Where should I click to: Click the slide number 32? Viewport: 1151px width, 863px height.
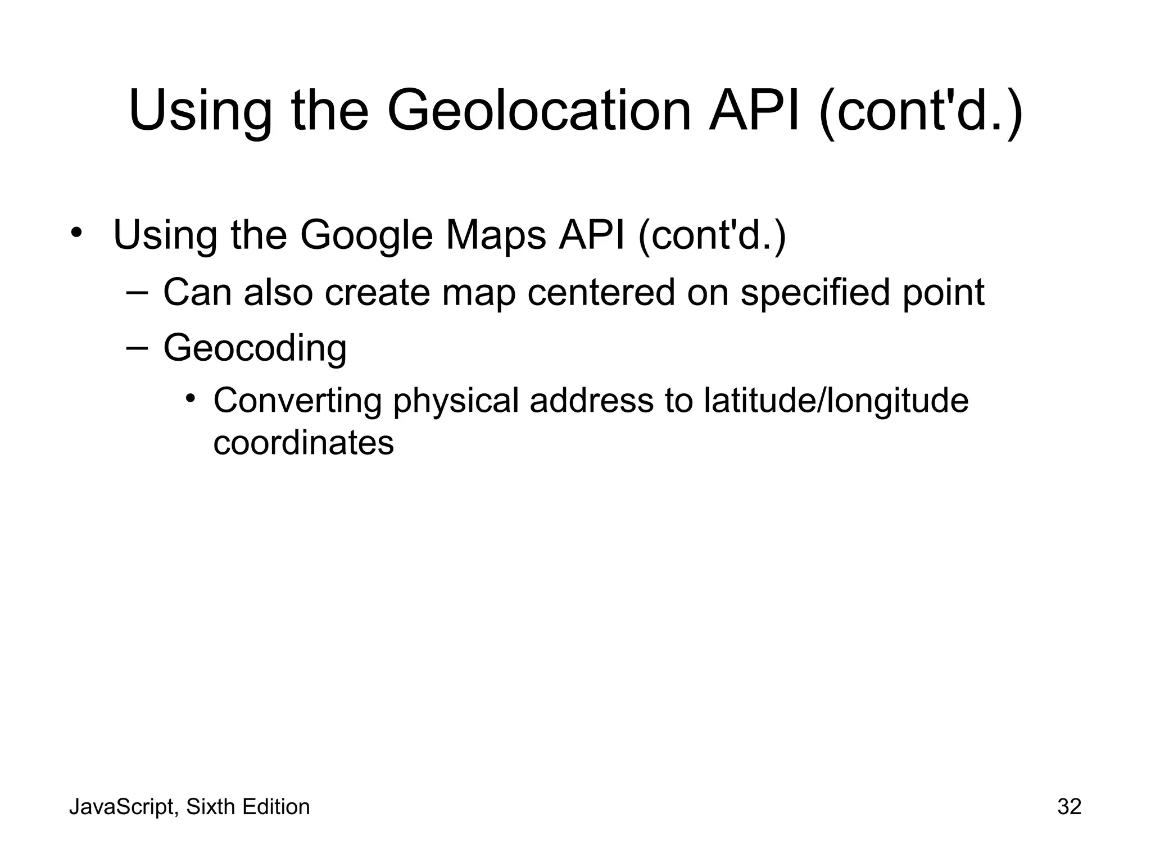1069,807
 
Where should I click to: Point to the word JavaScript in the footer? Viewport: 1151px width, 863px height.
122,807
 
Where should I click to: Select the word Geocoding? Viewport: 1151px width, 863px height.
255,348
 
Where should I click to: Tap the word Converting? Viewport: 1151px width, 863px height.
297,401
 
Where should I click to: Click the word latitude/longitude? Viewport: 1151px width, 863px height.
836,401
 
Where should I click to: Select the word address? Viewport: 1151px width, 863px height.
591,401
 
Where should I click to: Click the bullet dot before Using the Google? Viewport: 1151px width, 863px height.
77,232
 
